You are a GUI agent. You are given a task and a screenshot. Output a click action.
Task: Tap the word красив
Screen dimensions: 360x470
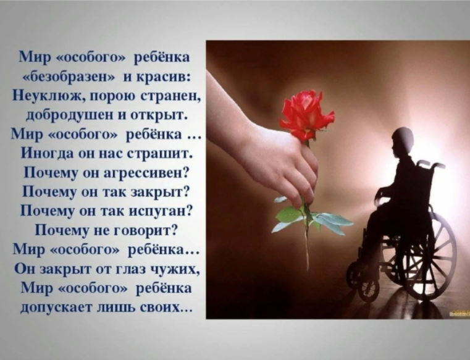pyautogui.click(x=168, y=77)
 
